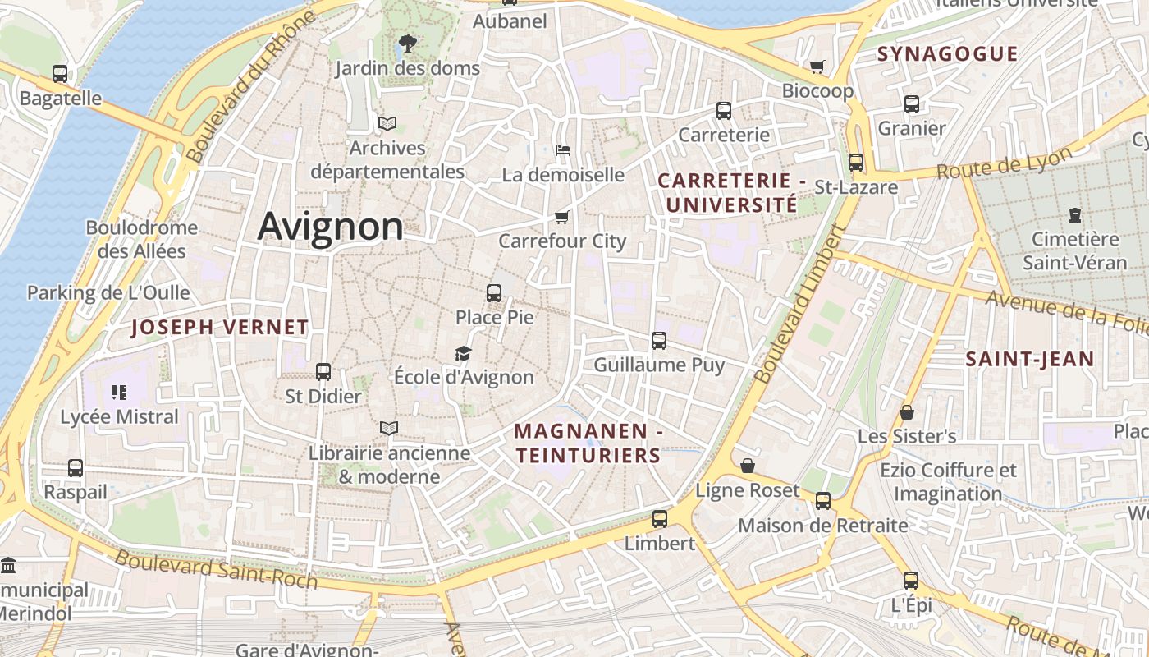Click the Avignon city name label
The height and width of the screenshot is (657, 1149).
(x=330, y=227)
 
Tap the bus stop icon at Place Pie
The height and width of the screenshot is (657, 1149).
(x=494, y=293)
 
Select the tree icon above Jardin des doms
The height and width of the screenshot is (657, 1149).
(x=407, y=44)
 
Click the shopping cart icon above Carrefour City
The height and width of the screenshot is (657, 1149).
(x=562, y=217)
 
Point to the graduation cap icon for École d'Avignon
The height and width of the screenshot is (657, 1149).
(x=464, y=353)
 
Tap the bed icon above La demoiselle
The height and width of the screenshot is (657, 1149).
(x=563, y=150)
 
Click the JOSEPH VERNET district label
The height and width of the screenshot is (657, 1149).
(x=220, y=328)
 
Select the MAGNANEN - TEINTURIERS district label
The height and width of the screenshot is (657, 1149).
(x=588, y=443)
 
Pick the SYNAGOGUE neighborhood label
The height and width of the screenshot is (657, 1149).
(x=947, y=54)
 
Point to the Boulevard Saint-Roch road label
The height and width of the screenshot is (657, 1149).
(x=216, y=569)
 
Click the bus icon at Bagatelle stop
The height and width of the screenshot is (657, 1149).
(x=60, y=74)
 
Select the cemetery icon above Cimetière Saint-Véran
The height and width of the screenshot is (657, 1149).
(x=1075, y=215)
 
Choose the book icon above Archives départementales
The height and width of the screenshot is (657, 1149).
(x=387, y=124)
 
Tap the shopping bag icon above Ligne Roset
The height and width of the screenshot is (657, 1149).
(x=748, y=466)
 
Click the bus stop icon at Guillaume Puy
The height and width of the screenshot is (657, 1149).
(x=659, y=340)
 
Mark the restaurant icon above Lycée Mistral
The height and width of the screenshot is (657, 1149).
(x=119, y=393)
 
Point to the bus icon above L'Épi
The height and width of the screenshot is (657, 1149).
(x=911, y=581)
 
